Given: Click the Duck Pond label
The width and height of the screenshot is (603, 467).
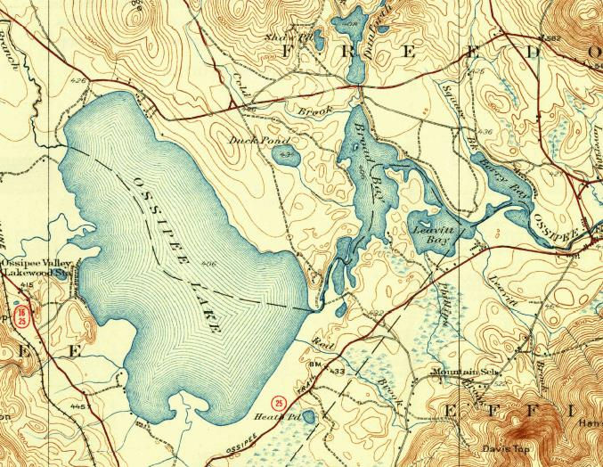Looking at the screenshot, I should point(249,141).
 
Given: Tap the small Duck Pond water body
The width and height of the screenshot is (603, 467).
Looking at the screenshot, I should point(286,156).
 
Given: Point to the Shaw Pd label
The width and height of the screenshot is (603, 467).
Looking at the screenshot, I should point(292,37).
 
